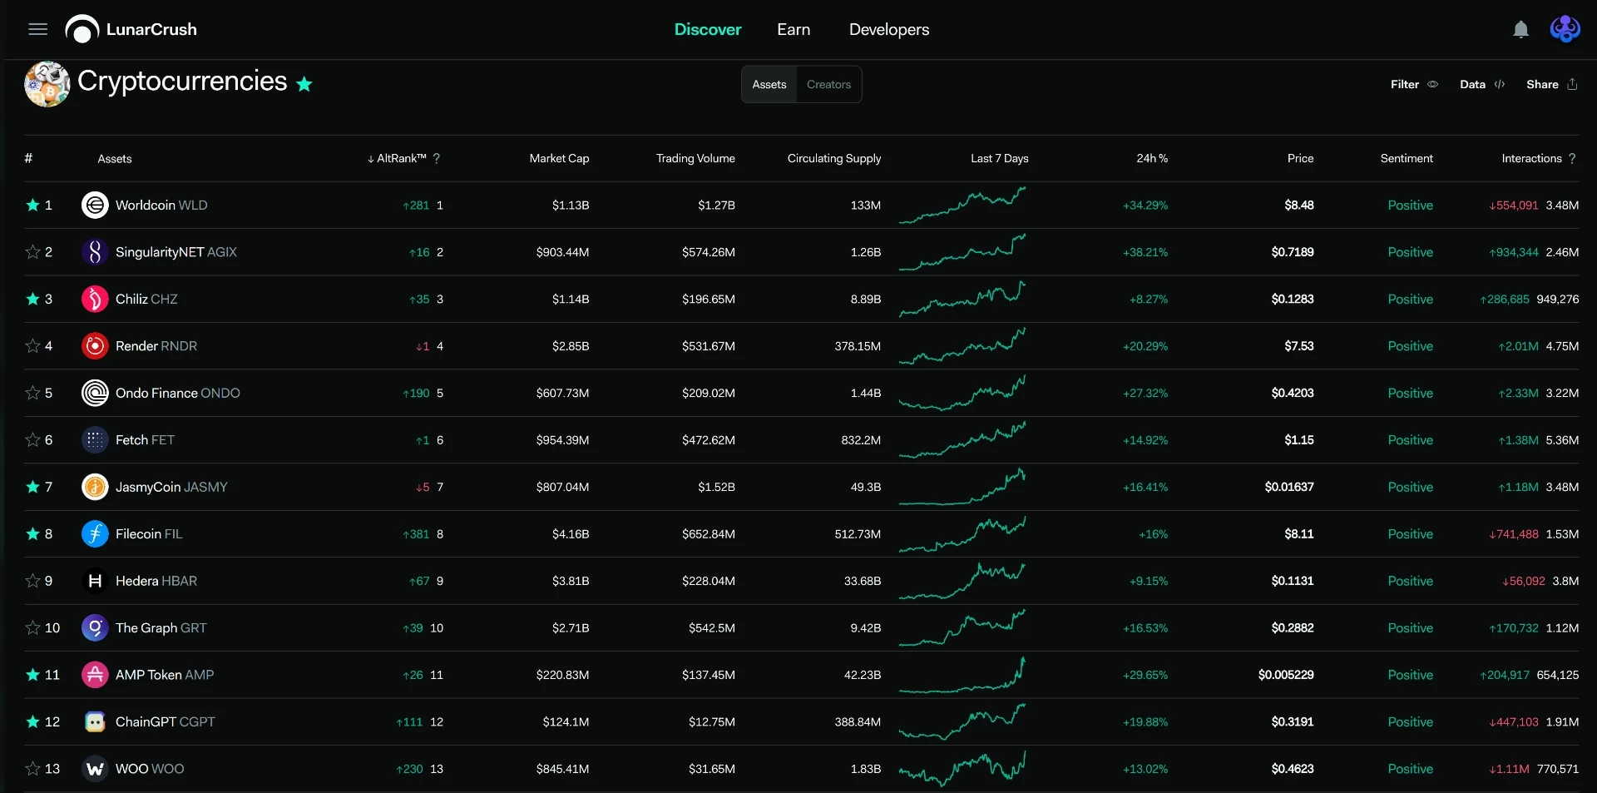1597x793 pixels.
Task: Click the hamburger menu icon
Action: (x=37, y=30)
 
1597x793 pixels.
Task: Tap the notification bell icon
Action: (x=1520, y=30)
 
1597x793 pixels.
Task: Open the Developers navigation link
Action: (x=889, y=30)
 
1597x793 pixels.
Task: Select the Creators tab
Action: (x=828, y=85)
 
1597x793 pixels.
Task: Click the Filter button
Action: (x=1414, y=85)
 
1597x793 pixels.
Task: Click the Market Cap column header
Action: (x=559, y=159)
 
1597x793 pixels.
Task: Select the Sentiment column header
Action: (x=1407, y=159)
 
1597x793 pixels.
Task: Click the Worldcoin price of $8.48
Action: (x=1299, y=206)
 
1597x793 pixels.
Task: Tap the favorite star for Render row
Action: (x=33, y=346)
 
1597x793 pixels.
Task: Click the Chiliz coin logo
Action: (x=95, y=300)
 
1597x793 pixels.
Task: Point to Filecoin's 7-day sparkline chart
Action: (x=962, y=534)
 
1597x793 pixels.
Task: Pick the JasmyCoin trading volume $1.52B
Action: (x=716, y=488)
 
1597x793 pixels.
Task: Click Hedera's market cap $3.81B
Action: (x=571, y=582)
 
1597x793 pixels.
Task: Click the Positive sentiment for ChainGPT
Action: (x=1410, y=722)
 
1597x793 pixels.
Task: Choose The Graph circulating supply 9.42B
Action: (x=865, y=628)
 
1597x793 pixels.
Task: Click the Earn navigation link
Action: (x=794, y=30)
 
